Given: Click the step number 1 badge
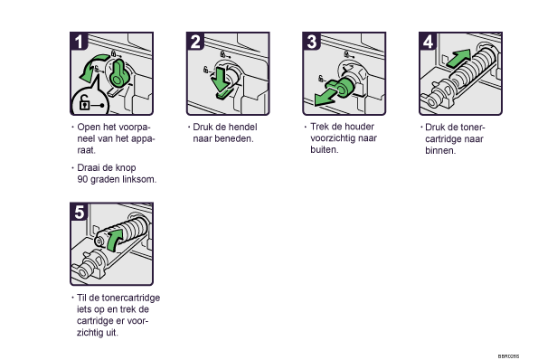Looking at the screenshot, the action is coord(79,42).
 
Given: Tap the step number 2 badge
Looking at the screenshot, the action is coord(195,42).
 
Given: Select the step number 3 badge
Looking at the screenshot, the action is coord(312,42).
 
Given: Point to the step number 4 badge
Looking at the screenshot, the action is coord(428,42).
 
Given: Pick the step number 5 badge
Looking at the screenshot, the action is coord(79,212).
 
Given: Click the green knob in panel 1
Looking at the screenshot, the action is coord(118,72).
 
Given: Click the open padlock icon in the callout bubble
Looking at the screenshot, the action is coord(84,102).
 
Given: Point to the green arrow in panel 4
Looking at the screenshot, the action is coord(458,58).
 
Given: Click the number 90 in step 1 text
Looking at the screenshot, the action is coord(82,179).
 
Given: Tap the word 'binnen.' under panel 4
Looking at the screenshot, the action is coord(440,151).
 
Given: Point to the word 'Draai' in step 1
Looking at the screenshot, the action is coord(88,167).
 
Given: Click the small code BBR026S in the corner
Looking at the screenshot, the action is coord(508,356).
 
